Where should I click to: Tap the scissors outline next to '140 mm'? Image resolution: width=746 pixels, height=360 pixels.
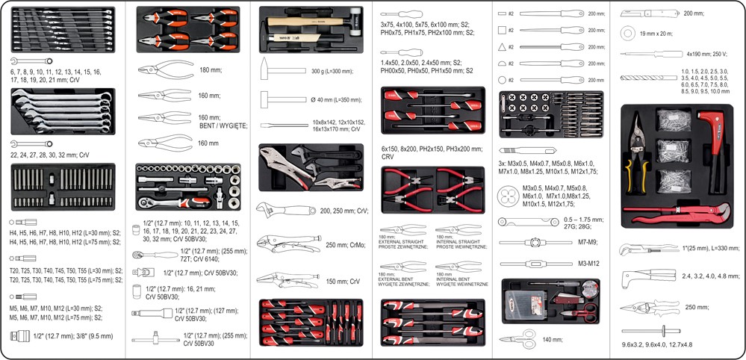519,340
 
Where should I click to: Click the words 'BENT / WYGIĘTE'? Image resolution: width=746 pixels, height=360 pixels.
220,126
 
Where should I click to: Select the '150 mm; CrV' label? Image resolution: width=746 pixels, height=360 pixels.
343,281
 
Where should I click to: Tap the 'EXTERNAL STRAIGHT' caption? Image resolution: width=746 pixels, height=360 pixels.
402,240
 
